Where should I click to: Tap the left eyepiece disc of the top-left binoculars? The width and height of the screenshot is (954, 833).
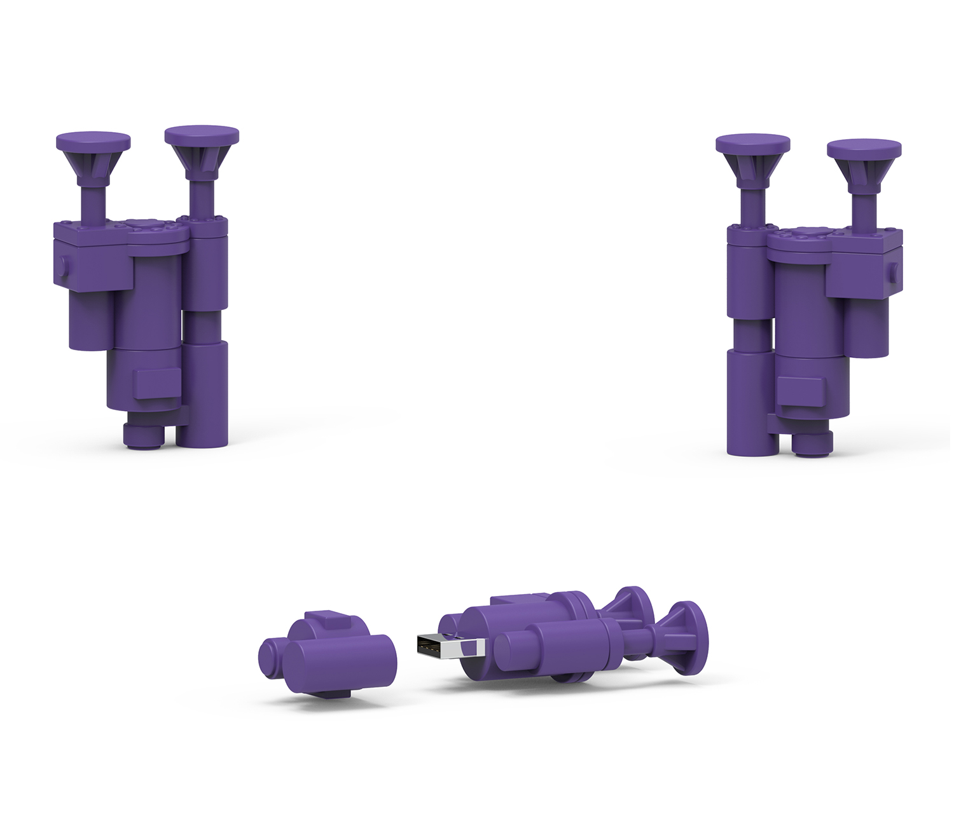pyautogui.click(x=93, y=140)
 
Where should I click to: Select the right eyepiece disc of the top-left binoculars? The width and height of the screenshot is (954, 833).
pyautogui.click(x=202, y=135)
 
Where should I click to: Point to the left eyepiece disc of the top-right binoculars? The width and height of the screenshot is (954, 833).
pyautogui.click(x=752, y=143)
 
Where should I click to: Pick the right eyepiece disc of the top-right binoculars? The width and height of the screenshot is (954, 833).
pyautogui.click(x=864, y=149)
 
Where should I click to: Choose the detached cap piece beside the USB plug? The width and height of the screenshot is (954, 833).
pyautogui.click(x=328, y=654)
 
